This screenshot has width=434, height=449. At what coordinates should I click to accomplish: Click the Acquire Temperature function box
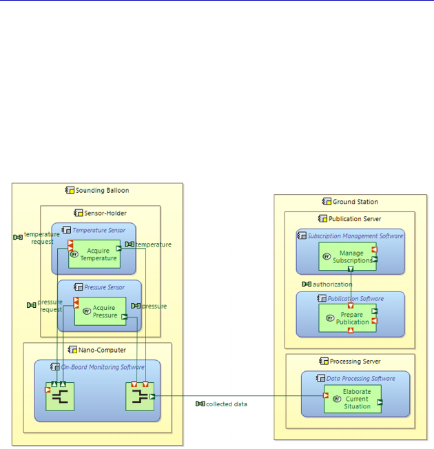pyautogui.click(x=97, y=254)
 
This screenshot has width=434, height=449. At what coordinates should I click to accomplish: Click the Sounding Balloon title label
pyautogui.click(x=102, y=191)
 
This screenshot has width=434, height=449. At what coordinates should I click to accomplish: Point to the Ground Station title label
pyautogui.click(x=355, y=202)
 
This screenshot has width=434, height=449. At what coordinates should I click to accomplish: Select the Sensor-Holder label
pyautogui.click(x=105, y=213)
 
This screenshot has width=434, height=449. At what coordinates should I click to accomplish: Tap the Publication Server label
pyautogui.click(x=354, y=219)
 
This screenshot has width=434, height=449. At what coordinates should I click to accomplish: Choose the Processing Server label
pyautogui.click(x=355, y=361)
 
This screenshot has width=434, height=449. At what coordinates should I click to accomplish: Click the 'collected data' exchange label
pyautogui.click(x=226, y=404)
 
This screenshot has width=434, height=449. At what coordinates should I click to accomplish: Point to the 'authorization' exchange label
pyautogui.click(x=332, y=284)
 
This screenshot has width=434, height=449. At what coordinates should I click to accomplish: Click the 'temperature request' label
pyautogui.click(x=41, y=238)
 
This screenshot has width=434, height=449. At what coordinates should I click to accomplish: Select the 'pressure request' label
pyautogui.click(x=50, y=306)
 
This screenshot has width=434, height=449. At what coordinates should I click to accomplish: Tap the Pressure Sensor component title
pyautogui.click(x=104, y=286)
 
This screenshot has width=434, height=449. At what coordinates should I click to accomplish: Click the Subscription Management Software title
pyautogui.click(x=355, y=236)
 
